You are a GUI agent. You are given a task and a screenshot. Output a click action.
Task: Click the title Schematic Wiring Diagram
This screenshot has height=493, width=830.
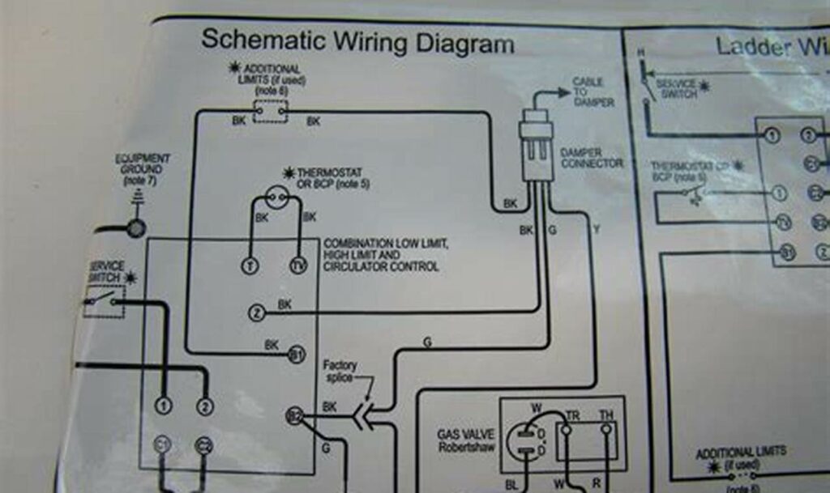pyautogui.click(x=357, y=42)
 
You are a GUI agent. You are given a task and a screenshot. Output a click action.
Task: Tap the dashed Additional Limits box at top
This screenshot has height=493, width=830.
pyautogui.click(x=270, y=111)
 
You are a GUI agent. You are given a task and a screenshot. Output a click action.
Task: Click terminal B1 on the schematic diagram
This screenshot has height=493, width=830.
pyautogui.click(x=297, y=355)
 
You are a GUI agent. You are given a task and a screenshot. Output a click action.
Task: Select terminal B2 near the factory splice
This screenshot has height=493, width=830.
pyautogui.click(x=294, y=416)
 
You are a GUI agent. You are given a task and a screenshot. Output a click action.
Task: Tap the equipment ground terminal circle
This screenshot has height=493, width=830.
pyautogui.click(x=135, y=227)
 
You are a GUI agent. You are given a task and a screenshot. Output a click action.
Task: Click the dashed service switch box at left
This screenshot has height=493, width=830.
pyautogui.click(x=104, y=302)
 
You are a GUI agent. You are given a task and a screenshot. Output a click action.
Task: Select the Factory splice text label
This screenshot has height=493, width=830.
pyautogui.click(x=340, y=372)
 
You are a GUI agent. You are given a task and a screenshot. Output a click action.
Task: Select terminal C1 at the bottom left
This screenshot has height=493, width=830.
pyautogui.click(x=162, y=444)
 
